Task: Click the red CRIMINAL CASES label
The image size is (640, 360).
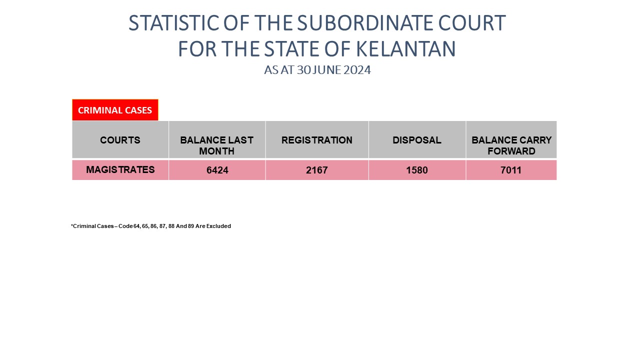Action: click(x=115, y=110)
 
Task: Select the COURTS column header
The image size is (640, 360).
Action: click(x=120, y=140)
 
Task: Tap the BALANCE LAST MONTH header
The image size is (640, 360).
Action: click(x=217, y=145)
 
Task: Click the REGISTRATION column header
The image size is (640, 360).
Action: click(x=317, y=140)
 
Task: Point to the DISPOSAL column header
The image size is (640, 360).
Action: click(x=417, y=140)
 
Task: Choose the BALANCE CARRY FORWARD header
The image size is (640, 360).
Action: click(x=511, y=145)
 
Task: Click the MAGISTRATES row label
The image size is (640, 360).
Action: click(x=120, y=169)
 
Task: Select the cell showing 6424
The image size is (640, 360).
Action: click(x=217, y=170)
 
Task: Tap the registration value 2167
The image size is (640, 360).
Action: click(x=317, y=170)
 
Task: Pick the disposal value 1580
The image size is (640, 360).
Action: click(x=417, y=170)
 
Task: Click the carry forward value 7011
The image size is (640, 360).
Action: click(x=511, y=170)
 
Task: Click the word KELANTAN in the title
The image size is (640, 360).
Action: click(x=405, y=49)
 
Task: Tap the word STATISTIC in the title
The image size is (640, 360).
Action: click(x=174, y=23)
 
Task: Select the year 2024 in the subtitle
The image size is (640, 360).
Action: click(x=357, y=70)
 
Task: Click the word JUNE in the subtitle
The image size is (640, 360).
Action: click(x=327, y=70)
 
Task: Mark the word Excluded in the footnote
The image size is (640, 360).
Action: click(x=218, y=226)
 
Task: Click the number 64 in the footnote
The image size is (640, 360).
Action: click(x=136, y=226)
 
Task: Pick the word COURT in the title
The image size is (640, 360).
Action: click(x=472, y=23)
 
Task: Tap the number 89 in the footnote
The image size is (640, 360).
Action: click(x=191, y=226)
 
